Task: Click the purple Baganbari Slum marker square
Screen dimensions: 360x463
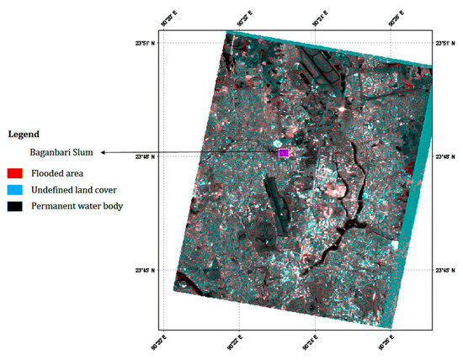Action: point(284,153)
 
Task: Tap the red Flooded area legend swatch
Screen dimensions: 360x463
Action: point(15,173)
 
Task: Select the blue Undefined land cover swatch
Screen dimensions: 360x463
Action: point(15,190)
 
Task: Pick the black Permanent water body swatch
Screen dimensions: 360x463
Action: point(15,207)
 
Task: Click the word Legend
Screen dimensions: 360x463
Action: point(24,134)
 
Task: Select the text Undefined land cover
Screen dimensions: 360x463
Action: point(73,190)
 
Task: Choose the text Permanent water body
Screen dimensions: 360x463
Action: point(77,207)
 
